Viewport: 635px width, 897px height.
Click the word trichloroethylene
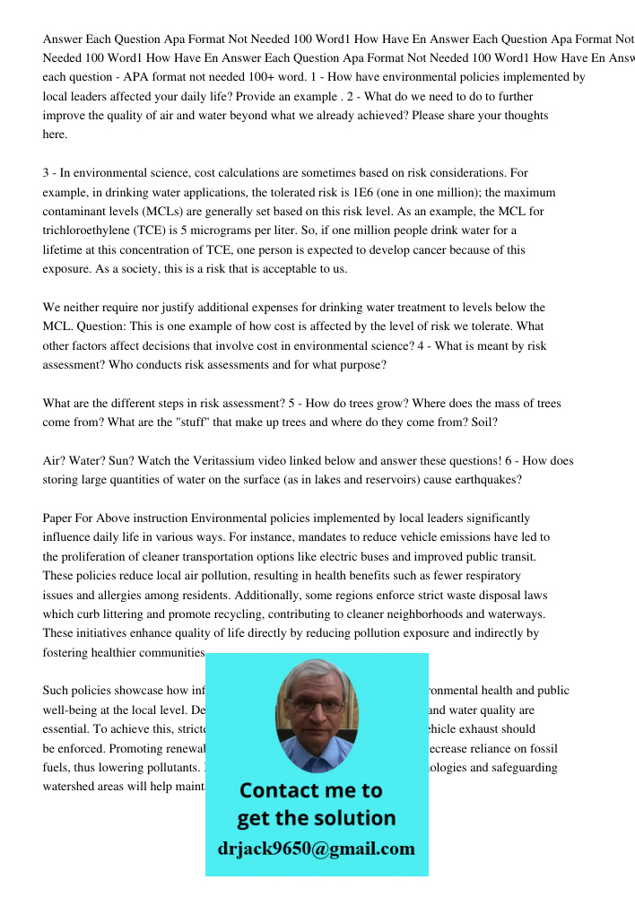87,231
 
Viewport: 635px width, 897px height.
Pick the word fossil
539,748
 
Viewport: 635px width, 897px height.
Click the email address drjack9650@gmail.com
317,848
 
